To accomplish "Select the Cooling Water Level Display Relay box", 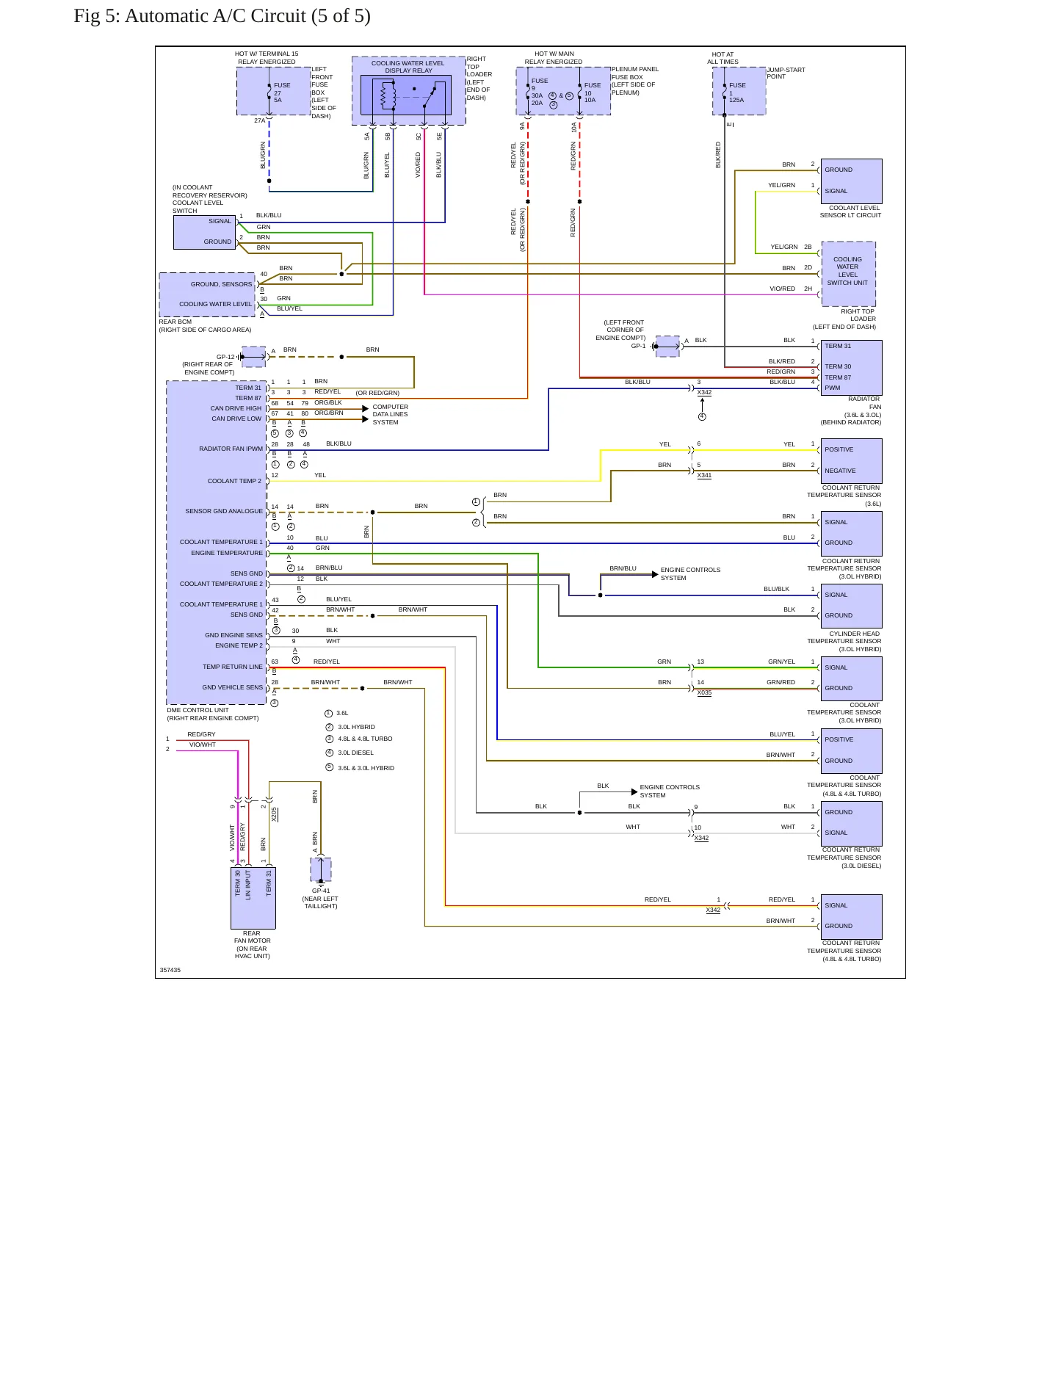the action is point(408,91).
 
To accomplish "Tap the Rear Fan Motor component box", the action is point(253,898).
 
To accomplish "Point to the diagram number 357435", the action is point(170,970).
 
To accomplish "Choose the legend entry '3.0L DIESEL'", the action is point(355,753).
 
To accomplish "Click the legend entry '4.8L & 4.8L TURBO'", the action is point(365,739).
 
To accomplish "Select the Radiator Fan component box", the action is point(852,367).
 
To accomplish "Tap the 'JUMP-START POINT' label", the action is point(786,73).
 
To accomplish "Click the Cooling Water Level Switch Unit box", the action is point(849,274).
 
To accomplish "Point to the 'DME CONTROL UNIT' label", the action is point(198,710).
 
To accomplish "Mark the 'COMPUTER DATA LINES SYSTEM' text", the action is point(390,414).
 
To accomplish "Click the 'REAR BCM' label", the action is point(175,322).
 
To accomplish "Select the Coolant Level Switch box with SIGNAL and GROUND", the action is point(205,232).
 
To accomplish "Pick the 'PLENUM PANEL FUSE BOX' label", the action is point(634,73).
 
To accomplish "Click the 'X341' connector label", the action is point(704,475).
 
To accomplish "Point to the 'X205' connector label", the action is point(274,814).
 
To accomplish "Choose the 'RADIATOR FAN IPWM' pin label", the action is point(231,449).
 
